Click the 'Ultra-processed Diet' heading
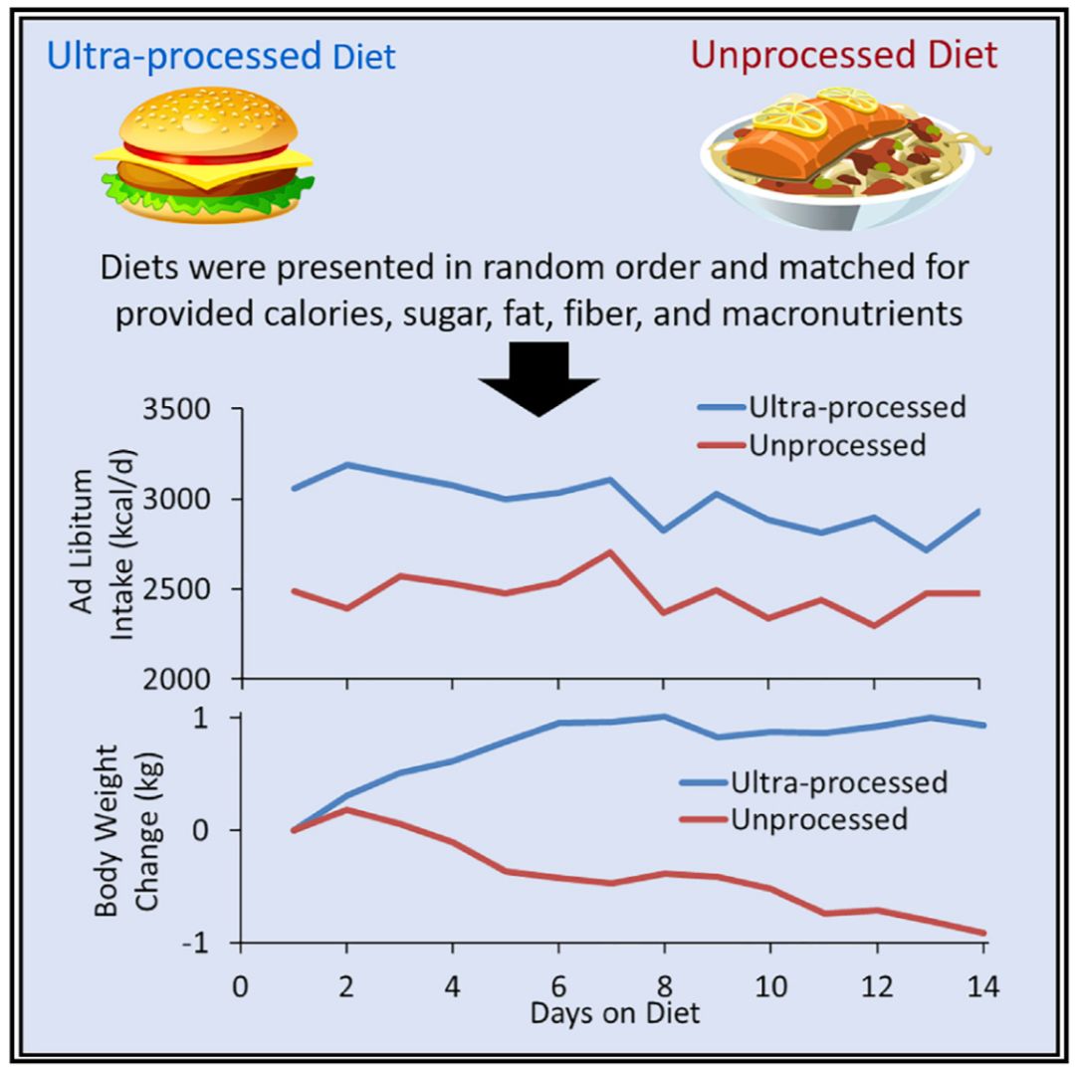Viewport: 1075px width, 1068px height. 221,56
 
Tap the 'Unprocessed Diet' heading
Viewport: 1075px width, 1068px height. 844,55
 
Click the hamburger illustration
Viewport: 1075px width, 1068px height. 204,155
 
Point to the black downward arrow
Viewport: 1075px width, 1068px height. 538,379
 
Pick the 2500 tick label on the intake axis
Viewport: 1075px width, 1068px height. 176,589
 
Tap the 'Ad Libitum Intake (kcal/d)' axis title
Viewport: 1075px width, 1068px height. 103,542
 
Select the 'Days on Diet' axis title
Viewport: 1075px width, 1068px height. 615,1012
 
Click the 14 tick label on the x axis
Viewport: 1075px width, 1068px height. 983,986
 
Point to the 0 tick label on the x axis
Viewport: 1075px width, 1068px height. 241,986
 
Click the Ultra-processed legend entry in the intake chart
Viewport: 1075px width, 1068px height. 831,407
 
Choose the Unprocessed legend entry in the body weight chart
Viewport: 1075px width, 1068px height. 794,819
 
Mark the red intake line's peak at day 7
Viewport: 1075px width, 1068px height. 610,551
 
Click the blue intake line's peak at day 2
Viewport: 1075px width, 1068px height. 347,464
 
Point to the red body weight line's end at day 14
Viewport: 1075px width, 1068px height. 983,933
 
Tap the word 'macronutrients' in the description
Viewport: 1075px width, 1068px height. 842,315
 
